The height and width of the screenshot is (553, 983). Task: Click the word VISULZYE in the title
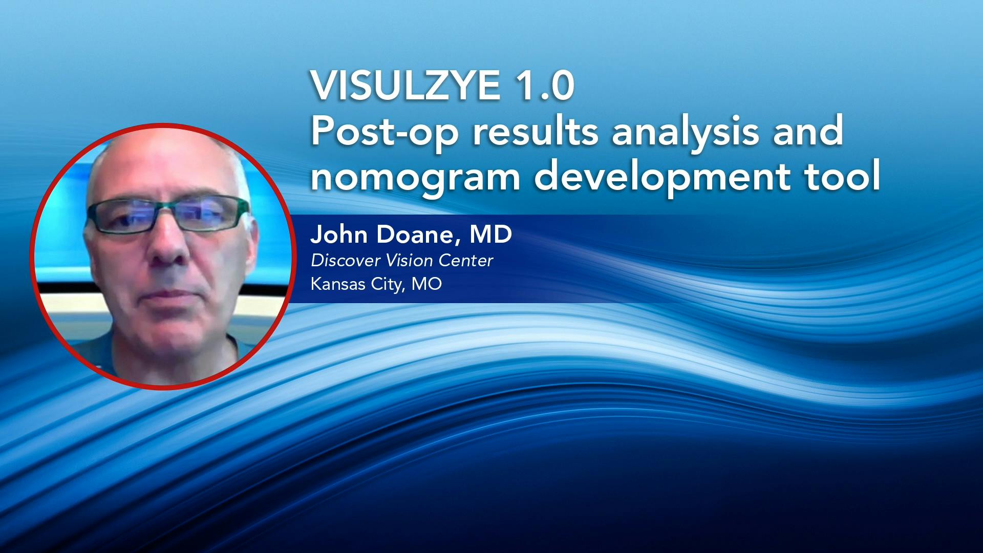(x=404, y=86)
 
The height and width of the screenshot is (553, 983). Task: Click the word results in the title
(x=535, y=131)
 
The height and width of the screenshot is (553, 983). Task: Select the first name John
(x=338, y=235)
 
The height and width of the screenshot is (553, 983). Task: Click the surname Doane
(x=415, y=235)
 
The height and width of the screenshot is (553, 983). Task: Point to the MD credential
(x=490, y=235)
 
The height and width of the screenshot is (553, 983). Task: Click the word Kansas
(x=338, y=284)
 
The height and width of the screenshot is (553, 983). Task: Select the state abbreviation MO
(x=426, y=284)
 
